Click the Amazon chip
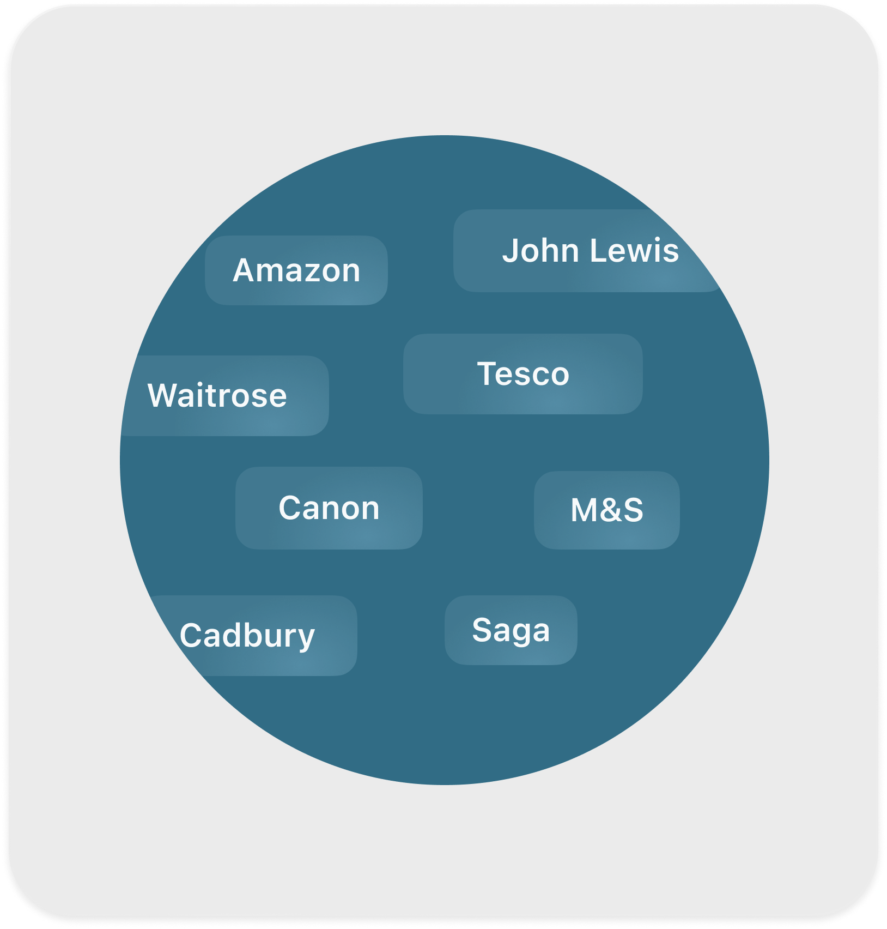coord(296,270)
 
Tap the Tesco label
coord(523,374)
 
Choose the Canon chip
coord(329,508)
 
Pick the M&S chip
coord(607,510)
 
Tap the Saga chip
coord(511,630)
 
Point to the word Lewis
coord(634,251)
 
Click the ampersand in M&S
coord(609,511)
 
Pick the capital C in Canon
coord(289,508)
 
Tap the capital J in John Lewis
coord(511,251)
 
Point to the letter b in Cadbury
coord(250,635)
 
